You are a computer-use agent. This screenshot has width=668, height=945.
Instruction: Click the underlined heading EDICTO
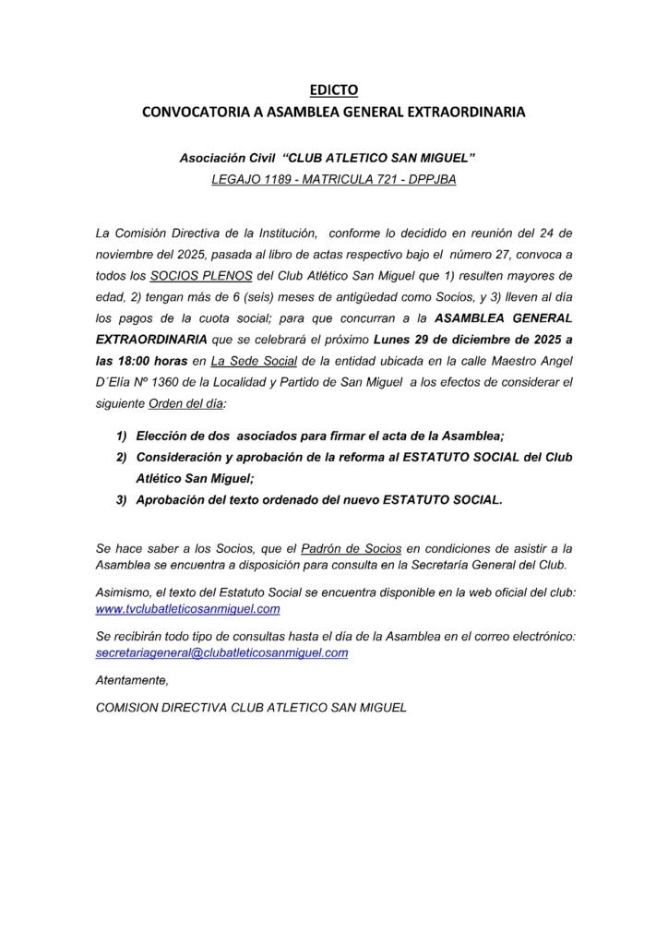(332, 90)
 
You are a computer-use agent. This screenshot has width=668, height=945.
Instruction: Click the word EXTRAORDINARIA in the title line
(465, 113)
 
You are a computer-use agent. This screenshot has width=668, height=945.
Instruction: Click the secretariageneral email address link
(222, 652)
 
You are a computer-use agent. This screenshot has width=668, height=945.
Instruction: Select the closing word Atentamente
(133, 680)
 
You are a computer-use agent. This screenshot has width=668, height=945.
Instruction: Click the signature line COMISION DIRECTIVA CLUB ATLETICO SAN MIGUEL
(251, 708)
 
